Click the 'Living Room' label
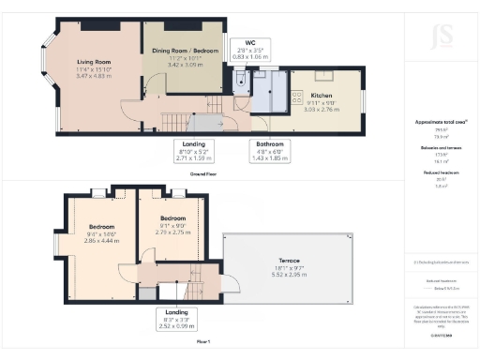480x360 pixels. [x=93, y=64]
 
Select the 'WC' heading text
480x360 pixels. [x=250, y=43]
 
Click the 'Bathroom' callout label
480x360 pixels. [x=270, y=143]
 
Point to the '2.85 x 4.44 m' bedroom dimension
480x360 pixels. [x=101, y=242]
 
